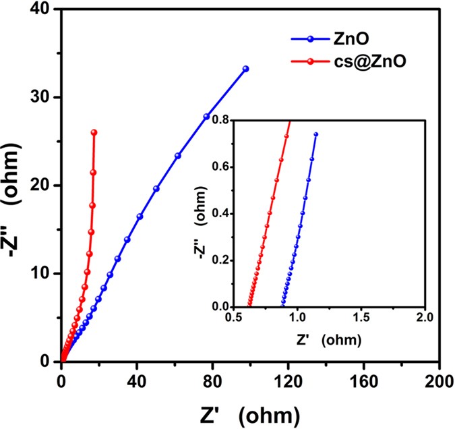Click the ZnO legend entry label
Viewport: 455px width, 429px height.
coord(350,40)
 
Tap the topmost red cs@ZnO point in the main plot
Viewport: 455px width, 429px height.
coord(94,132)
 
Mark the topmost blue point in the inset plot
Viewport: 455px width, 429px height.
coord(315,134)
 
